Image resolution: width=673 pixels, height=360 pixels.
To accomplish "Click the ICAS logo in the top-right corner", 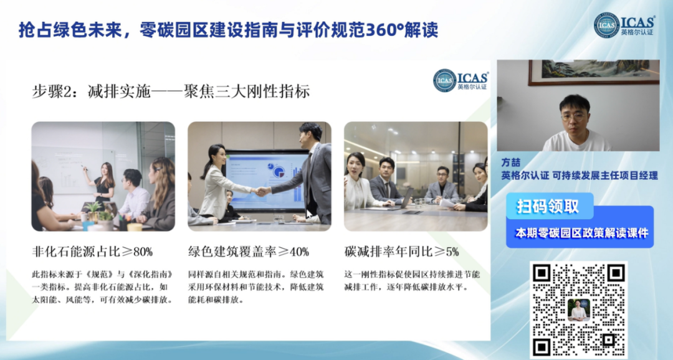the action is tap(624, 25).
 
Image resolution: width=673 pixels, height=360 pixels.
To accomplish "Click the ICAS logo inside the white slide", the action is tap(461, 80).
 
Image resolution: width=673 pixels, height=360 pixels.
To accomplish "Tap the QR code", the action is tap(578, 309).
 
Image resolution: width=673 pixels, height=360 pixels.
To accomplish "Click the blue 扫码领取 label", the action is tap(548, 206).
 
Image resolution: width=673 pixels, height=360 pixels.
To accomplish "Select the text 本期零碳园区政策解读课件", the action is tap(581, 233).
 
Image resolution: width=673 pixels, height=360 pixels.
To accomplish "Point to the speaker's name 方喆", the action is tap(511, 162).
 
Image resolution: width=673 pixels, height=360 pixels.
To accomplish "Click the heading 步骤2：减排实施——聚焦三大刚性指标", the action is tap(171, 91).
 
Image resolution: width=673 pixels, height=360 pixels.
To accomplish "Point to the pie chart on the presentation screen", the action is tap(279, 172).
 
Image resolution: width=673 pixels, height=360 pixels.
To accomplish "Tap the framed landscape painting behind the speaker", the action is tap(594, 72).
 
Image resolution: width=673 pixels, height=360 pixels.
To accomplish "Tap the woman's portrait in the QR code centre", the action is tap(578, 310).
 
